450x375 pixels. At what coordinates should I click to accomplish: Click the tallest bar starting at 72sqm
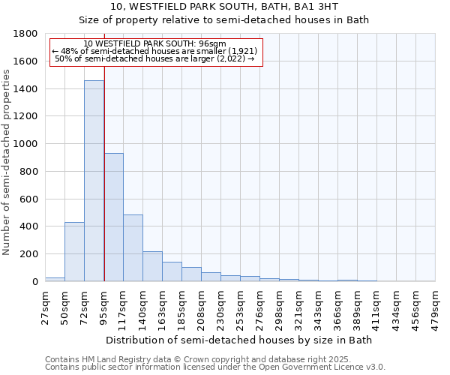point(94,181)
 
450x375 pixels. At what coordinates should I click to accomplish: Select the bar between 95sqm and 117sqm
point(113,217)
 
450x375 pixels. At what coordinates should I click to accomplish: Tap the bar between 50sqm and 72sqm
point(74,252)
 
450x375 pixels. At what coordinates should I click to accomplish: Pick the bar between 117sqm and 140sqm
point(133,248)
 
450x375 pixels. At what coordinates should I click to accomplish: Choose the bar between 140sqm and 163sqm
point(152,266)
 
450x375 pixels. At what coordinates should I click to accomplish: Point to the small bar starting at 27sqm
point(55,279)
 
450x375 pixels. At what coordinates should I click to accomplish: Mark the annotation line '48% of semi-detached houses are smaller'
point(155,51)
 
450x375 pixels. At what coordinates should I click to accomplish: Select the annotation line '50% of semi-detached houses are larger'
point(155,58)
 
